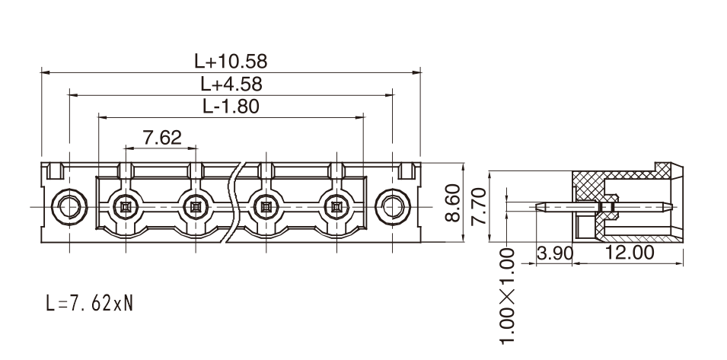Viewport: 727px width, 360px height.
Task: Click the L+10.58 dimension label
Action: pos(231,61)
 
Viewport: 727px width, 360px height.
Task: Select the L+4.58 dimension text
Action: pos(231,84)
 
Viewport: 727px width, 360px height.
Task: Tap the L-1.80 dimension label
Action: pos(231,107)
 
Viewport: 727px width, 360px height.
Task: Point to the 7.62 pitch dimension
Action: pos(162,138)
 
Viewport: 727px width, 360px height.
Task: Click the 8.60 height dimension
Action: pos(452,202)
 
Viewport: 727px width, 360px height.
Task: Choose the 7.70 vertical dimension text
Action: pos(479,206)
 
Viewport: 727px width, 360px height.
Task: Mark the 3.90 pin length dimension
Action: pos(555,253)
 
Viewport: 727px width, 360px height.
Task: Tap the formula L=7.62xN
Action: pos(90,304)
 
